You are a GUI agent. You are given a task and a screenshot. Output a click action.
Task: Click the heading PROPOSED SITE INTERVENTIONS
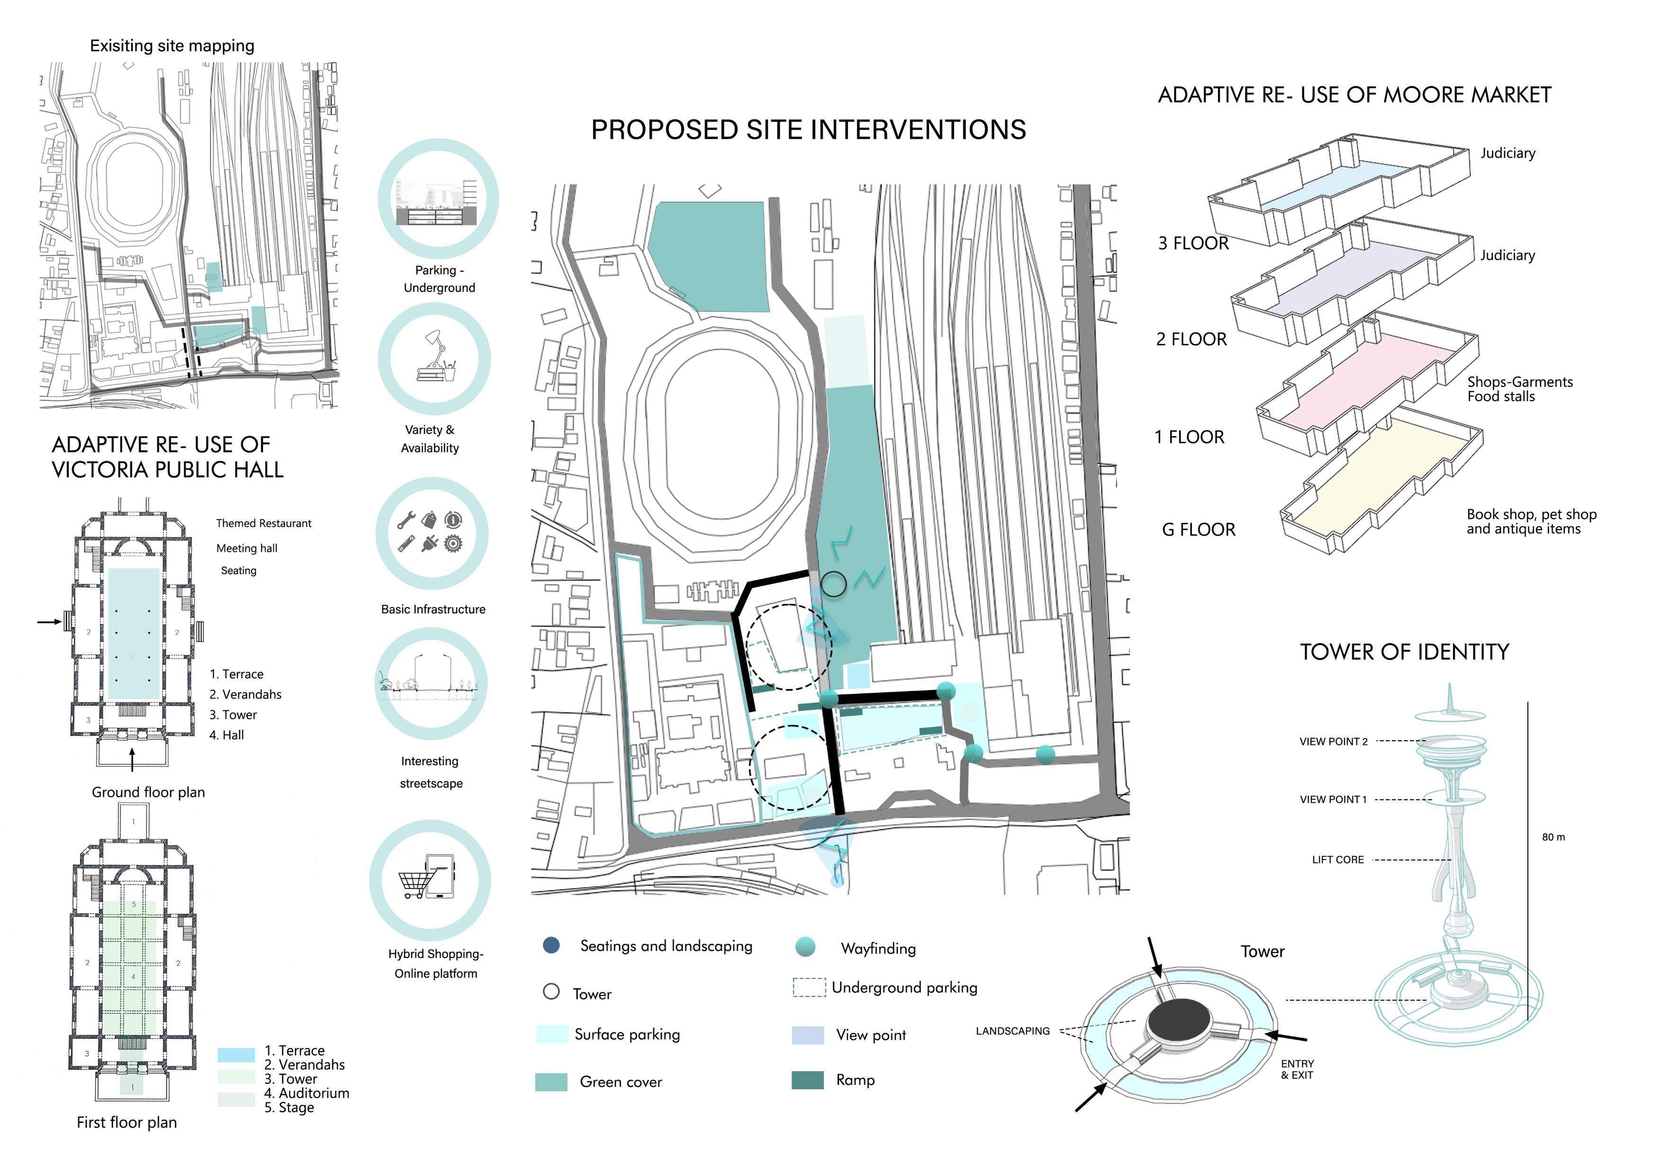tap(808, 130)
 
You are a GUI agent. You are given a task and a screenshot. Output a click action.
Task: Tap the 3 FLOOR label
tap(1193, 244)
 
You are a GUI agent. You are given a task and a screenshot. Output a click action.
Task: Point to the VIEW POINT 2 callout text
tap(1333, 742)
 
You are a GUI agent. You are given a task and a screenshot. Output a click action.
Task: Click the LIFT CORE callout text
tap(1337, 860)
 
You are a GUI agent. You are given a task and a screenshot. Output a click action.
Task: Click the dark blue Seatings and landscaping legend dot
tap(551, 945)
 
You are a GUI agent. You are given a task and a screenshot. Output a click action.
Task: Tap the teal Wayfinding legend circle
tap(805, 947)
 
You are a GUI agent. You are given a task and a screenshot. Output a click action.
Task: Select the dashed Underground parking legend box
tap(809, 987)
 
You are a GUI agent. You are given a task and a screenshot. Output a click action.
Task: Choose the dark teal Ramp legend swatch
tap(807, 1080)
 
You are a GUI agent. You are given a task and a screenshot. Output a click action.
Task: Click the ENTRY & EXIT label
tap(1297, 1070)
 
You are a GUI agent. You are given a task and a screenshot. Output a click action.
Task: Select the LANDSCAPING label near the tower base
tap(1012, 1031)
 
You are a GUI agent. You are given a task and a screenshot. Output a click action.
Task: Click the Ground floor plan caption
tap(148, 793)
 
